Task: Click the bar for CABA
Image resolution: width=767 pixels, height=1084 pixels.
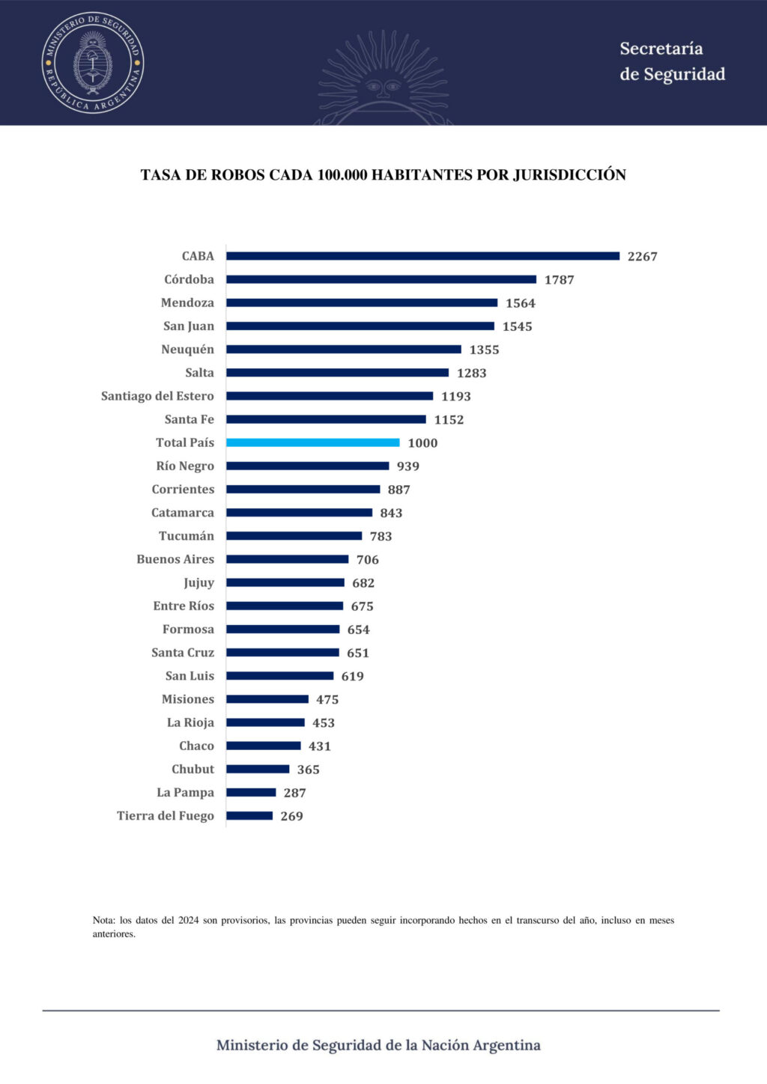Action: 422,256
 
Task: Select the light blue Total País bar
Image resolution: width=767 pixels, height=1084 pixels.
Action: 312,442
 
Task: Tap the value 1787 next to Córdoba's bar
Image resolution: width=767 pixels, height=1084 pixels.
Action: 559,280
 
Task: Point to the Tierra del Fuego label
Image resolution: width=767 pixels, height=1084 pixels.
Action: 165,816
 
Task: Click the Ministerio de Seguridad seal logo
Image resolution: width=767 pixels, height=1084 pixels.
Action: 93,63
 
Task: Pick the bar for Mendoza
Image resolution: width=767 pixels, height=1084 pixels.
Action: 362,303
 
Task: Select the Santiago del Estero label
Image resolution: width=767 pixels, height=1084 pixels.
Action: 157,396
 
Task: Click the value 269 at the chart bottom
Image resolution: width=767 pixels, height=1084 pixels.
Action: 291,817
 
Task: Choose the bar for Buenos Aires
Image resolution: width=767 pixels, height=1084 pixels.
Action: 287,559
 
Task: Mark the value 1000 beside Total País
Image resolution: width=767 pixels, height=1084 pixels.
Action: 422,443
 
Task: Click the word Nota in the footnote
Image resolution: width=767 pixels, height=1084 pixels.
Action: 103,920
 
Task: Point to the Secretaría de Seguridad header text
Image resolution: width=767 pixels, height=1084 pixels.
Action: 672,61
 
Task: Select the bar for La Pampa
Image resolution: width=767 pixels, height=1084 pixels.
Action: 251,793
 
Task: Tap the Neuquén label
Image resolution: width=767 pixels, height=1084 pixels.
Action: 187,350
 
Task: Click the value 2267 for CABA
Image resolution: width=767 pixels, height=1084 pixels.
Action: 642,257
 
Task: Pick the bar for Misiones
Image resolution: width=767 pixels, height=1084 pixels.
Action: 267,699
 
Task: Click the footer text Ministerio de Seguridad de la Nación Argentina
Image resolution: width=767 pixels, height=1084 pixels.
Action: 378,1045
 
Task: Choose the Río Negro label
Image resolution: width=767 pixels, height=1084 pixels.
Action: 185,466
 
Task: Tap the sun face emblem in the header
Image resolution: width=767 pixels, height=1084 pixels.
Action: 383,86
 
